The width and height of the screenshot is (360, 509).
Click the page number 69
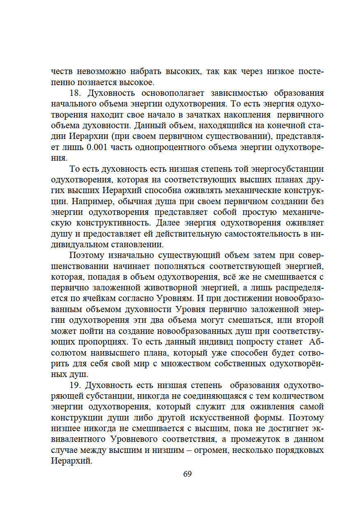tap(188, 474)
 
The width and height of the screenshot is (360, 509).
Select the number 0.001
tap(96, 147)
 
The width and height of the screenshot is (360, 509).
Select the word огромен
tap(211, 450)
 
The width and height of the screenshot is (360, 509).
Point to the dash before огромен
tap(189, 450)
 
